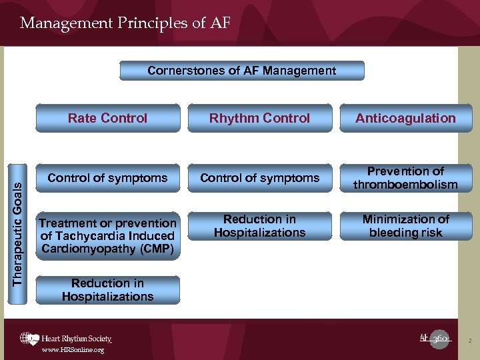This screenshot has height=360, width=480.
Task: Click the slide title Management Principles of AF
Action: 125,23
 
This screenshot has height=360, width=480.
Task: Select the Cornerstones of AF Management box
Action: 241,71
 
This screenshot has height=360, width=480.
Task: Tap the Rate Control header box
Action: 107,118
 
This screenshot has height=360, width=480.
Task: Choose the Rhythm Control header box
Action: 259,118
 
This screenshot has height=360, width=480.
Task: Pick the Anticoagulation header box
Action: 405,118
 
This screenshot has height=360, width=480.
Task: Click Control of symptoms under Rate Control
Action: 107,178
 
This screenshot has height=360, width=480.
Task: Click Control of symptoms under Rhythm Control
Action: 259,178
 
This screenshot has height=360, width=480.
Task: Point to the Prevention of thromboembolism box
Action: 405,178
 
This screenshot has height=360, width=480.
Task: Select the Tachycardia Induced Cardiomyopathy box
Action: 107,236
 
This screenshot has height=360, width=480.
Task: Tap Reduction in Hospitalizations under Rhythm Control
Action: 259,226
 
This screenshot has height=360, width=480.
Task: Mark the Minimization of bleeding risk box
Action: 405,226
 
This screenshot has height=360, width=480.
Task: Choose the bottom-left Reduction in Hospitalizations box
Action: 107,290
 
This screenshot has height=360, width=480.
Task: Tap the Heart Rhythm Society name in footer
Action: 76,339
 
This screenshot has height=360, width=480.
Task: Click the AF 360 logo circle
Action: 439,339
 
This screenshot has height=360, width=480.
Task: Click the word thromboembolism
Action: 405,185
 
